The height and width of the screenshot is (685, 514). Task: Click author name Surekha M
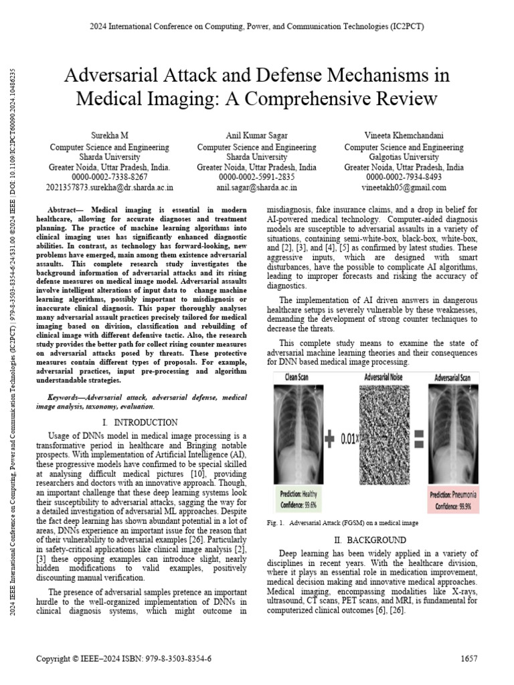pyautogui.click(x=110, y=136)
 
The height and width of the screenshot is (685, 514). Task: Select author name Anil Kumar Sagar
pyautogui.click(x=256, y=136)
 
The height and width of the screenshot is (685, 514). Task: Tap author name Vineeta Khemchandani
pyautogui.click(x=404, y=136)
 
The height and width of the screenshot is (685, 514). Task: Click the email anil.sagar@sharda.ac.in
pyautogui.click(x=256, y=188)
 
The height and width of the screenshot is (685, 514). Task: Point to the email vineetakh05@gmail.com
pyautogui.click(x=404, y=188)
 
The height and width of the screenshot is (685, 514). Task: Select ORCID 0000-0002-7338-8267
pyautogui.click(x=110, y=177)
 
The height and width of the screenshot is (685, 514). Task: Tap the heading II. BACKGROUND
pyautogui.click(x=369, y=539)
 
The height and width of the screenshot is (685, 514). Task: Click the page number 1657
pyautogui.click(x=469, y=659)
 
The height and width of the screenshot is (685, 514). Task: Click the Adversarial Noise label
pyautogui.click(x=382, y=377)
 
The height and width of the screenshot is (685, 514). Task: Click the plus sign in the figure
pyautogui.click(x=329, y=440)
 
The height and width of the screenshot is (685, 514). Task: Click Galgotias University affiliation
pyautogui.click(x=404, y=157)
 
